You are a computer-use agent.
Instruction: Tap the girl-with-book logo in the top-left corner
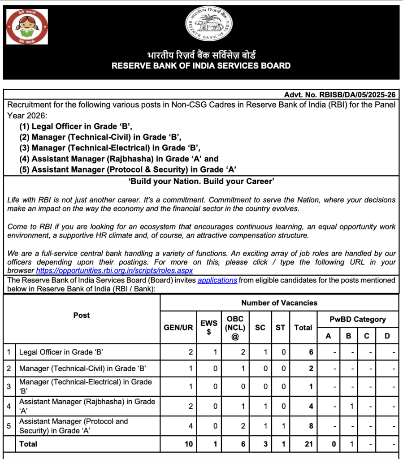pos(27,26)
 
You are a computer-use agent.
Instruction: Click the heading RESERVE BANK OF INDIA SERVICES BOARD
pos(201,66)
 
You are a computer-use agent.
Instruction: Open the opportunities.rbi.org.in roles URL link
pos(114,271)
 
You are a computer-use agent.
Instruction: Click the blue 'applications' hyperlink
pos(217,280)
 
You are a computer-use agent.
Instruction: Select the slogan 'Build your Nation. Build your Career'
pos(201,182)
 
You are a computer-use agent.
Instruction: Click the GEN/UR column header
pos(178,328)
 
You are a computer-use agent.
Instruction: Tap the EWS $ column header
pos(209,327)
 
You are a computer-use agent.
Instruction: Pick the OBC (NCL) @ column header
pos(235,327)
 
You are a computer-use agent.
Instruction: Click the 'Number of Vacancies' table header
pos(279,303)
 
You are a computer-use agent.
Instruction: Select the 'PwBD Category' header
pos(357,319)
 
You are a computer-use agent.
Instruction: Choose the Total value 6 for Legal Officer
pos(311,352)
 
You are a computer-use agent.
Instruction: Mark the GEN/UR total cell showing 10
pos(189,444)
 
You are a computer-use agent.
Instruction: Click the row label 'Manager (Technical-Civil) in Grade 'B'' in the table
pos(82,369)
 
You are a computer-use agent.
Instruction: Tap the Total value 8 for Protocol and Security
pos(311,426)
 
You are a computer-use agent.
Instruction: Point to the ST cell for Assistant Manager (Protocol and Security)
pos(283,426)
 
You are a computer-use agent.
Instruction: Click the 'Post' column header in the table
pos(82,315)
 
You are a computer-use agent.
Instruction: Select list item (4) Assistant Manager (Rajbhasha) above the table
pos(119,159)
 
